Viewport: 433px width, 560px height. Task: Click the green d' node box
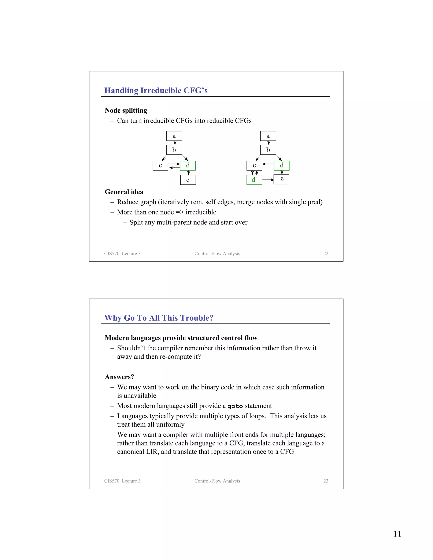[254, 180]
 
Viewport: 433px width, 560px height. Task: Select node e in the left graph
[188, 180]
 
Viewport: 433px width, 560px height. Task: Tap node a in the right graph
[268, 136]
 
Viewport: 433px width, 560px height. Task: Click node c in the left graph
[160, 165]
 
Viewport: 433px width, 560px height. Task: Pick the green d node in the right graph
[282, 165]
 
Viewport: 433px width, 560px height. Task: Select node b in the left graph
[174, 150]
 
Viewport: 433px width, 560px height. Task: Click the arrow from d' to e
[268, 180]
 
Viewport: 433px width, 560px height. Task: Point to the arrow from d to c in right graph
[268, 164]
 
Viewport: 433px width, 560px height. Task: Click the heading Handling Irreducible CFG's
[156, 90]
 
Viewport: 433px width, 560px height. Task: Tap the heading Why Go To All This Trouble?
[159, 318]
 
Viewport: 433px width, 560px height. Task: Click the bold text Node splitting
[126, 111]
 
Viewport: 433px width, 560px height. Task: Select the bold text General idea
[124, 192]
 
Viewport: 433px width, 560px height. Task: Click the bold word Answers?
[119, 377]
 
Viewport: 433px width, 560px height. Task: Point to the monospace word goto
[235, 406]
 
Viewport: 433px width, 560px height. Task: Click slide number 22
[326, 253]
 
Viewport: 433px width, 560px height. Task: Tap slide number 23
[326, 481]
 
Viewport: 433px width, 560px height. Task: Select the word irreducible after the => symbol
[201, 212]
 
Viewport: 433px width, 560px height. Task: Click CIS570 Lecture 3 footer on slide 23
[122, 481]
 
